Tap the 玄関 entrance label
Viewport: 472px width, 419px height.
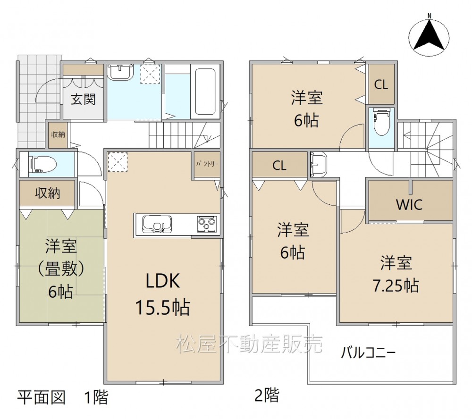(x=84, y=99)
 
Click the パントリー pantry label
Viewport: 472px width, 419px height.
(x=207, y=164)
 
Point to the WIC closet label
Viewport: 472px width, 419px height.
(x=409, y=205)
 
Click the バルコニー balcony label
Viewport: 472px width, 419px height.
(x=368, y=352)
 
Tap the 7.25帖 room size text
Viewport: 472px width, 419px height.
(x=396, y=285)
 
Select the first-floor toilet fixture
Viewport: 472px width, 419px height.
(x=42, y=165)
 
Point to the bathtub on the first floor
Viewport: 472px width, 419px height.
(x=205, y=92)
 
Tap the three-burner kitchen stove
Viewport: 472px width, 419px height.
(x=207, y=224)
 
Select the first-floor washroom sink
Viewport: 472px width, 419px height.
(x=120, y=72)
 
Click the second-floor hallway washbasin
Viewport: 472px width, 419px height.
(x=317, y=165)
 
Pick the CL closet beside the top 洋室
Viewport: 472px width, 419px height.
(x=381, y=84)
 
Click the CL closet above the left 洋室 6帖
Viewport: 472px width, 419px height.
(x=279, y=165)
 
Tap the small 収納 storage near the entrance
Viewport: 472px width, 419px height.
(x=58, y=134)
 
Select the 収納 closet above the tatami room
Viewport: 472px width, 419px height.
(x=47, y=193)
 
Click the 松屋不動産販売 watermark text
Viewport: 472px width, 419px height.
(x=249, y=344)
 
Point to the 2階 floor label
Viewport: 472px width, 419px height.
(x=267, y=396)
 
